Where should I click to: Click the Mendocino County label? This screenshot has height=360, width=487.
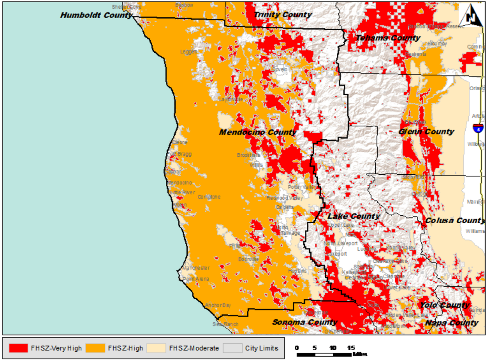click(258, 132)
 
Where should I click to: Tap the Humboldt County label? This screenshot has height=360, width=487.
click(96, 15)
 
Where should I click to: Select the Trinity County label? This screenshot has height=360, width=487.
click(283, 14)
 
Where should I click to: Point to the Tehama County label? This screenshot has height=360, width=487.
click(388, 38)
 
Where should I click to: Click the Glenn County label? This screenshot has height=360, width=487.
click(426, 132)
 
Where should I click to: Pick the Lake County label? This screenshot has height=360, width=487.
click(354, 216)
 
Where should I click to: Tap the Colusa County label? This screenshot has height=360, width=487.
click(454, 220)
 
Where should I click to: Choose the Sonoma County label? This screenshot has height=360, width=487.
click(305, 322)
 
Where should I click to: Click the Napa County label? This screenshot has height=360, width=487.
click(452, 323)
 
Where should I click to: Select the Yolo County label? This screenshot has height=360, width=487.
click(445, 305)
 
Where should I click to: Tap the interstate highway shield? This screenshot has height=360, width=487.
click(478, 128)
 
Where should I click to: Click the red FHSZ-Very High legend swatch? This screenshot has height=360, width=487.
click(18, 348)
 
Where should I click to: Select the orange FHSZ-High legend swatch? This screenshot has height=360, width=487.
click(95, 348)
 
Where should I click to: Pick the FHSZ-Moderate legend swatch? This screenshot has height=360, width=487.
click(156, 348)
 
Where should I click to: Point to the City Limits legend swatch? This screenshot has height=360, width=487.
click(233, 348)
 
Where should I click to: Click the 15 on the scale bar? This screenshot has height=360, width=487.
click(351, 348)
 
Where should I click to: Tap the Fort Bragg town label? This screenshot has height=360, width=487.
click(180, 154)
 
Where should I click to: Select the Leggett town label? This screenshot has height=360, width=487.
click(189, 52)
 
